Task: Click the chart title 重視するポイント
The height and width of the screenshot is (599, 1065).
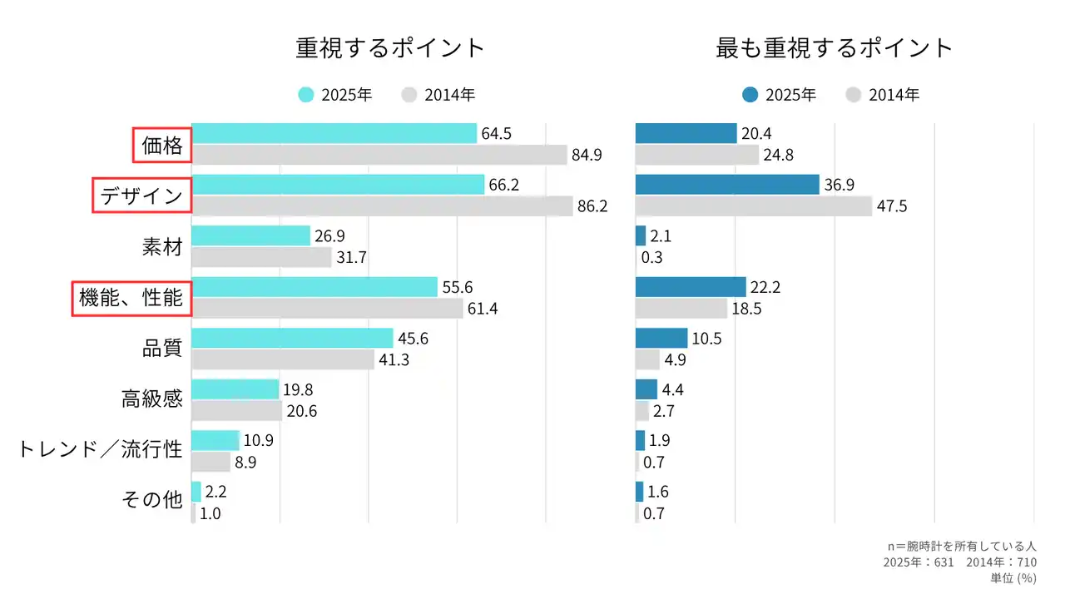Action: pos(390,47)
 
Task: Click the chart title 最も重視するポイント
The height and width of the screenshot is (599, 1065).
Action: pos(834,47)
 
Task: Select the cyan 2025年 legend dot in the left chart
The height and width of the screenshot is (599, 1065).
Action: pos(306,95)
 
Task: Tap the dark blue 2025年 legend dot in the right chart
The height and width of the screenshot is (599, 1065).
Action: pos(750,95)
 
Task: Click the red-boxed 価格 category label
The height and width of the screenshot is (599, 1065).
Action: pos(162,146)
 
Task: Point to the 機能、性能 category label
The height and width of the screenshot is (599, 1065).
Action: pos(131,297)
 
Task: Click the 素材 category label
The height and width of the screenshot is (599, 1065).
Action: pos(162,247)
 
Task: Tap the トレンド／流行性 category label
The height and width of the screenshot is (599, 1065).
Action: pos(100,450)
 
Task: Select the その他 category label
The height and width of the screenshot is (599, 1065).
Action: pos(151,500)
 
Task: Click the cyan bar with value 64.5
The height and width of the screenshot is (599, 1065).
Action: pos(334,133)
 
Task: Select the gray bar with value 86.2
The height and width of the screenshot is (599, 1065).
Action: pos(382,205)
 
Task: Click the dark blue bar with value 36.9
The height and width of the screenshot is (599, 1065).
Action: pos(727,185)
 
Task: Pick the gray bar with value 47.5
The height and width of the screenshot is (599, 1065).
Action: pos(753,205)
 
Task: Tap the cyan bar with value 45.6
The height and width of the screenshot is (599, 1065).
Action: pos(292,338)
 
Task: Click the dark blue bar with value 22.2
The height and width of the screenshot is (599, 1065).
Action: pos(691,287)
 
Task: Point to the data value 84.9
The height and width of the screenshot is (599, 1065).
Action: pos(587,155)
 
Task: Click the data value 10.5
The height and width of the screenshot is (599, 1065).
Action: pos(708,338)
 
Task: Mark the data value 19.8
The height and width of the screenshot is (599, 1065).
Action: pos(299,389)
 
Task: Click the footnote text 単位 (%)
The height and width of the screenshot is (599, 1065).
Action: pos(1013,577)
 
